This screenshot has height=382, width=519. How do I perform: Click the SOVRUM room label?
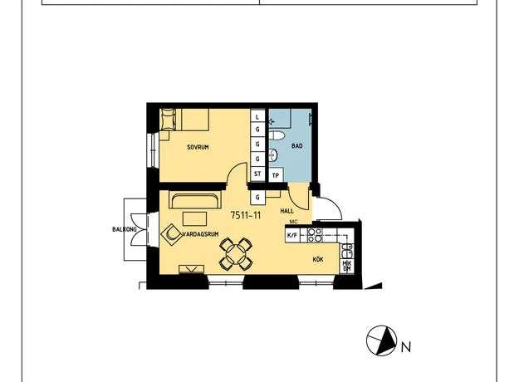[198, 147]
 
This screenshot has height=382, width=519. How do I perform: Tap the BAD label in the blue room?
[297, 145]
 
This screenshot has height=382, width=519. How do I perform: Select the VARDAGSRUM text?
[201, 234]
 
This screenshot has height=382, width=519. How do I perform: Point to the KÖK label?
[318, 259]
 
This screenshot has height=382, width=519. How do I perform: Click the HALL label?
[286, 211]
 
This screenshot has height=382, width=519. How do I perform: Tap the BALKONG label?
[125, 229]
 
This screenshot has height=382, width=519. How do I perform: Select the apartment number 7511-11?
[246, 215]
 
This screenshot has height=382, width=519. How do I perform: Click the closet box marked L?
[257, 117]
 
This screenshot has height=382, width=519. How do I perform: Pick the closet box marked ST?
[257, 174]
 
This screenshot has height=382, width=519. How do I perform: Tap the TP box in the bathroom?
[276, 176]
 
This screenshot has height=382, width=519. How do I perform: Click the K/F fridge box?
[292, 235]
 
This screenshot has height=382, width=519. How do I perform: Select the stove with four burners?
[315, 235]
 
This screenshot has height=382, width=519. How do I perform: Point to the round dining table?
[236, 253]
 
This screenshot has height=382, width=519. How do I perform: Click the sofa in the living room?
[195, 199]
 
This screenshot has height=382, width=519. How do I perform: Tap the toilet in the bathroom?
[277, 135]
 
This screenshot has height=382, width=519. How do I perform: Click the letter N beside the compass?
[406, 347]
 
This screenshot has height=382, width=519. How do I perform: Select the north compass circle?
[381, 340]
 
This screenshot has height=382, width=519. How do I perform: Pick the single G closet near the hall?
[257, 198]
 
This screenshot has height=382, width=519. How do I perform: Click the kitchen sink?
[347, 251]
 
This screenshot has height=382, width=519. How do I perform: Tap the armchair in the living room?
[171, 233]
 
